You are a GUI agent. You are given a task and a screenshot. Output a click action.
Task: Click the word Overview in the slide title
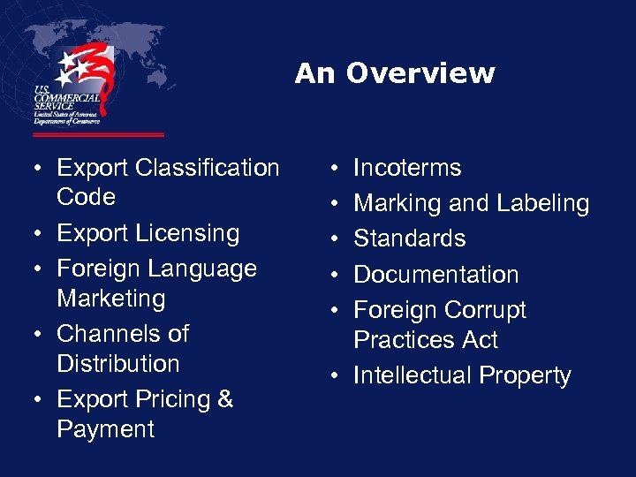pos(420,73)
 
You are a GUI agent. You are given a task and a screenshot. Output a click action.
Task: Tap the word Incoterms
pos(407,168)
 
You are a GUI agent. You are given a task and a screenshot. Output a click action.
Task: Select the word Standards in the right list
pos(409,238)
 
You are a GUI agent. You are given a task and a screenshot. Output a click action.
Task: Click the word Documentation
pos(435,274)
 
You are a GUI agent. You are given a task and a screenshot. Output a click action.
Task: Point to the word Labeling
pos(542,204)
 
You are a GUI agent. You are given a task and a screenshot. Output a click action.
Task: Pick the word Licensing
pos(188,234)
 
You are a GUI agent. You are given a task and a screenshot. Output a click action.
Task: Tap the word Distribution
pos(118,364)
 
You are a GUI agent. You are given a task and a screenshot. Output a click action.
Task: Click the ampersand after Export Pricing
pos(224,399)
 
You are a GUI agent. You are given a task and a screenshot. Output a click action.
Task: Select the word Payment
pos(105,429)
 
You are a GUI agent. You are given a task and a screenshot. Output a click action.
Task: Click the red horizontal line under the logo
pos(98,135)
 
